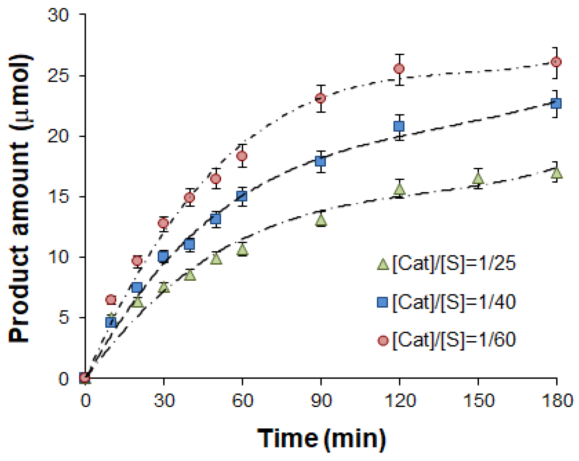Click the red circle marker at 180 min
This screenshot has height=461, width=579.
coord(556,62)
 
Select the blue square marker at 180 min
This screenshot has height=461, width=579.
coord(556,103)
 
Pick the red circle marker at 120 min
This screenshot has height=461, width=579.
coord(399,69)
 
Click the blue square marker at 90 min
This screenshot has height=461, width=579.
coord(320,161)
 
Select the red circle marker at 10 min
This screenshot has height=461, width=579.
coord(111,299)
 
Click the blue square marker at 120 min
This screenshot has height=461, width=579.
coord(399,126)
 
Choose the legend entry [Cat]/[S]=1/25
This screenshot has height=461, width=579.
coord(446,264)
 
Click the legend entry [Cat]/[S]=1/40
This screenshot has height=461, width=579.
coord(446,302)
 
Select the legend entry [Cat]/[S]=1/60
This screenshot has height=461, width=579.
coord(446,340)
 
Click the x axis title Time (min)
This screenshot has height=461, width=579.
coord(321,439)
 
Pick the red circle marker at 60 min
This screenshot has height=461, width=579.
coord(242,156)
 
